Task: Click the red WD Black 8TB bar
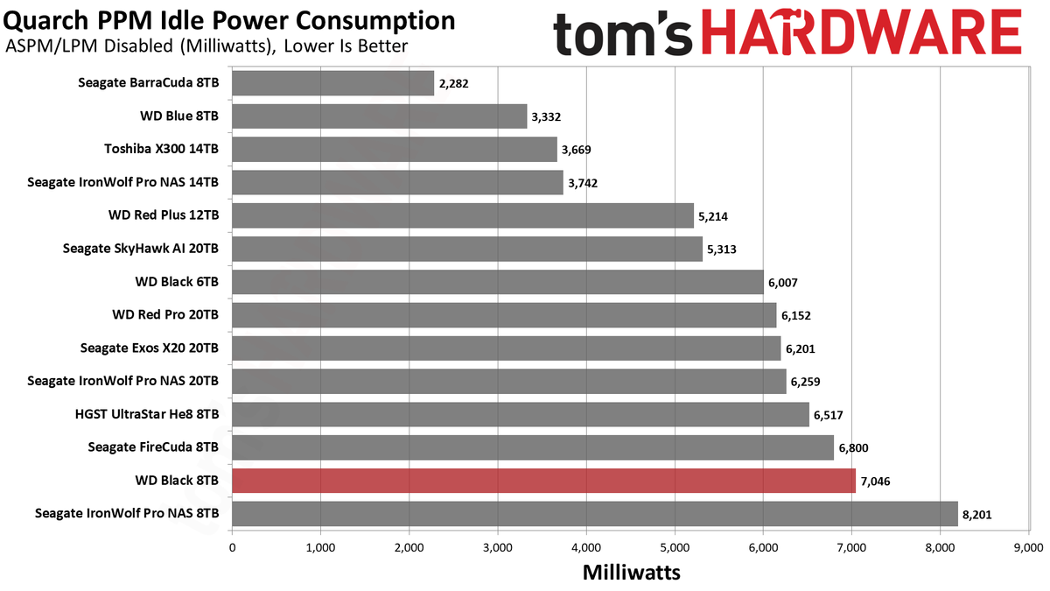[543, 481]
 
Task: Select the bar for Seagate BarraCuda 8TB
[332, 83]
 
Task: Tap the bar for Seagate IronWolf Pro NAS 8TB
[595, 514]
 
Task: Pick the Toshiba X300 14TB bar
[395, 149]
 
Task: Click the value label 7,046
[875, 482]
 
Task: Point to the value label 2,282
[454, 83]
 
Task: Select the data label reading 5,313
[722, 249]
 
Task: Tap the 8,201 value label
[977, 515]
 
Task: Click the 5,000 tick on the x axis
[675, 548]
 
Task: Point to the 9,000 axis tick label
[1028, 548]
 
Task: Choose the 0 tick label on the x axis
[233, 548]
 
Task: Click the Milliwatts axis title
[632, 573]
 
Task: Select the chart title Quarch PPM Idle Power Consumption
[229, 21]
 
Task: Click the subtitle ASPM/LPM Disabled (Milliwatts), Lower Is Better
[206, 46]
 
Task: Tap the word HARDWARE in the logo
[862, 32]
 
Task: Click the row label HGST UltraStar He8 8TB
[147, 414]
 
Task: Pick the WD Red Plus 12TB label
[164, 215]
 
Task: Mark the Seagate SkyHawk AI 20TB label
[141, 248]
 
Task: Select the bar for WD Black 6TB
[498, 282]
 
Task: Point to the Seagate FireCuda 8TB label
[153, 447]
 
